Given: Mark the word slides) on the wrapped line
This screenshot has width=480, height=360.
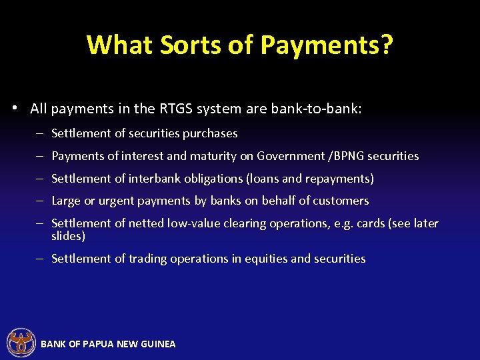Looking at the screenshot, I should [x=68, y=236].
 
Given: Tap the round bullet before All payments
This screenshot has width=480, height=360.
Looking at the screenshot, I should [x=15, y=109].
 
